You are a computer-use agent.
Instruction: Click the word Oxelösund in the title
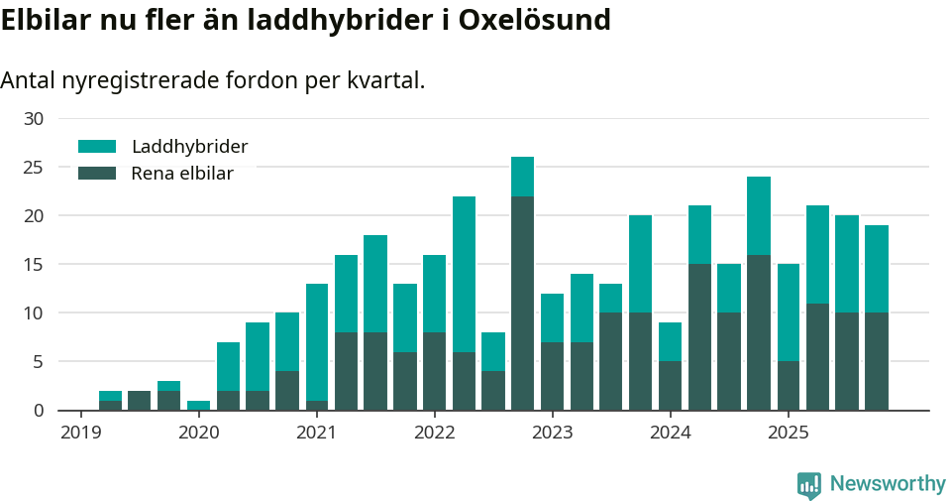pyautogui.click(x=534, y=20)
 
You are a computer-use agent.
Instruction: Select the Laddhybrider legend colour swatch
pyautogui.click(x=97, y=147)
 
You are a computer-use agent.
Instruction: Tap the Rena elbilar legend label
pyautogui.click(x=182, y=174)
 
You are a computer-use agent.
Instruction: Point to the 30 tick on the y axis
pyautogui.click(x=34, y=119)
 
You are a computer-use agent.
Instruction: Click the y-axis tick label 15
pyautogui.click(x=34, y=265)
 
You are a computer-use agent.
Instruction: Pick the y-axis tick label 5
pyautogui.click(x=38, y=362)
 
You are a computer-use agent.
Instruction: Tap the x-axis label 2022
pyautogui.click(x=434, y=433)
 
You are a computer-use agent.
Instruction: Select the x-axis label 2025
pyautogui.click(x=788, y=433)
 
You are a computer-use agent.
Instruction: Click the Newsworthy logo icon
pyautogui.click(x=809, y=485)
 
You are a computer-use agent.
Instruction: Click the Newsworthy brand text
pyautogui.click(x=888, y=484)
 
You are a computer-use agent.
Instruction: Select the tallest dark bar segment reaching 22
pyautogui.click(x=523, y=303)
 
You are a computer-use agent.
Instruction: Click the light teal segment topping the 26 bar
pyautogui.click(x=523, y=177)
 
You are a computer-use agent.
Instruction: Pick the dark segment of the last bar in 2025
pyautogui.click(x=876, y=361)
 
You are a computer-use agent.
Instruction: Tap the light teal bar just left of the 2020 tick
pyautogui.click(x=199, y=405)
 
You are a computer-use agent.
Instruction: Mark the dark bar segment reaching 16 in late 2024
pyautogui.click(x=759, y=332)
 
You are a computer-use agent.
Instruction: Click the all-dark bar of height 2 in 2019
pyautogui.click(x=140, y=400)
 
